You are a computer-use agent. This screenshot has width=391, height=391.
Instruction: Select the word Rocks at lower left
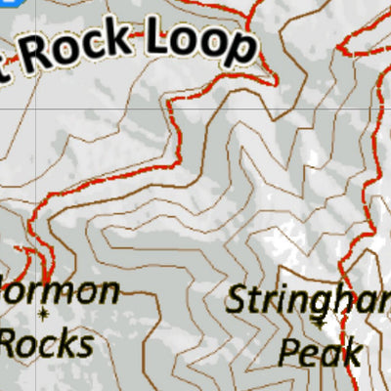[x=48, y=343]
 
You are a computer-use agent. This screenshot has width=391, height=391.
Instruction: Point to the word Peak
[x=320, y=351]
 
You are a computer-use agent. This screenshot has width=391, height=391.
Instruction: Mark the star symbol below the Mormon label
[x=44, y=314]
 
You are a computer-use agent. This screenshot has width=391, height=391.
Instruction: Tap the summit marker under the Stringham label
[x=321, y=320]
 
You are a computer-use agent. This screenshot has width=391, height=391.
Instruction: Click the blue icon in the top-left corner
[x=5, y=5]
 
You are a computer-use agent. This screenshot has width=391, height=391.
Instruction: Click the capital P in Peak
[x=290, y=351]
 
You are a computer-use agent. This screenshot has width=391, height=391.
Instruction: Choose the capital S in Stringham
[x=238, y=299]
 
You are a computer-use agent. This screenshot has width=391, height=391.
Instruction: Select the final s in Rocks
[x=86, y=345]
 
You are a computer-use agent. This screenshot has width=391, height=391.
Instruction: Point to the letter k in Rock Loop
[x=120, y=40]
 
